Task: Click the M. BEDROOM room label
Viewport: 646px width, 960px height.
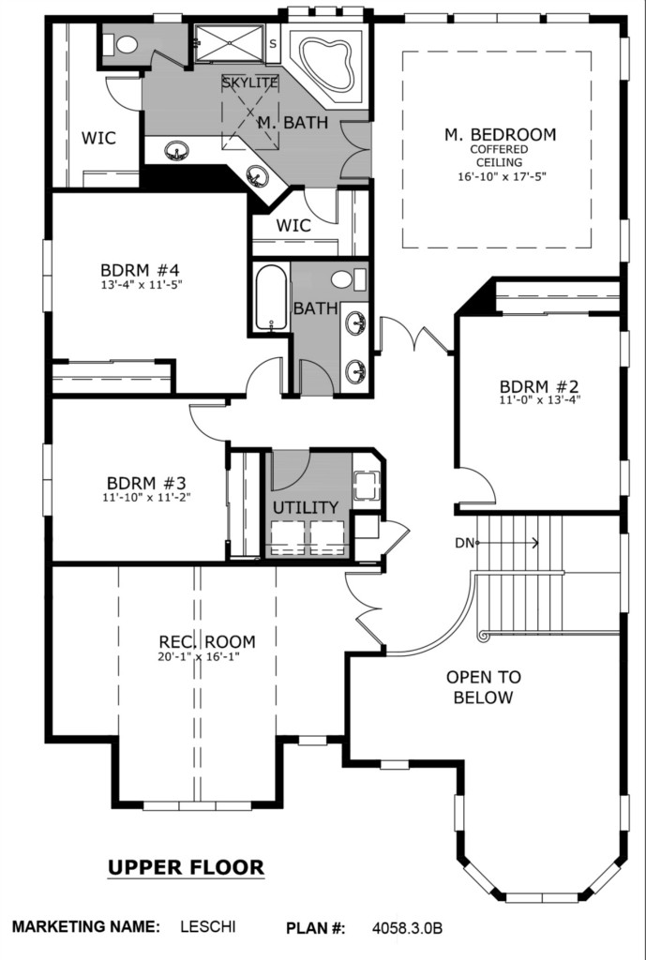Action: pyautogui.click(x=501, y=134)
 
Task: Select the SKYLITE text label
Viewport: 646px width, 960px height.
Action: pyautogui.click(x=249, y=82)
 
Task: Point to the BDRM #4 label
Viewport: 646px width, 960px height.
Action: pyautogui.click(x=140, y=270)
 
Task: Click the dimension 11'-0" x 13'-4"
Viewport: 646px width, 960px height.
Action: pyautogui.click(x=539, y=400)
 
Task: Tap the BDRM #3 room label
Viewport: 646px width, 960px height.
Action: pyautogui.click(x=146, y=483)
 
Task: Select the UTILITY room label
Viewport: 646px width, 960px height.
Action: pyautogui.click(x=306, y=507)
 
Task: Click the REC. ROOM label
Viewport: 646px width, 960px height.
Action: pyautogui.click(x=207, y=641)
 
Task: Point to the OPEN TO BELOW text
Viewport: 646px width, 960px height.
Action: pyautogui.click(x=483, y=687)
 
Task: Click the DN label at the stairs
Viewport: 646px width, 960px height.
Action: pyautogui.click(x=463, y=543)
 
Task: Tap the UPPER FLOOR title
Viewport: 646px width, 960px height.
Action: pyautogui.click(x=187, y=867)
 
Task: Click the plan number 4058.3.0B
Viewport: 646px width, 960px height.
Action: pyautogui.click(x=407, y=928)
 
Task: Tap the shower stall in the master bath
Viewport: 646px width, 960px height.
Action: pyautogui.click(x=230, y=43)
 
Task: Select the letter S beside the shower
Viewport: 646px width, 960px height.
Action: pyautogui.click(x=273, y=44)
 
